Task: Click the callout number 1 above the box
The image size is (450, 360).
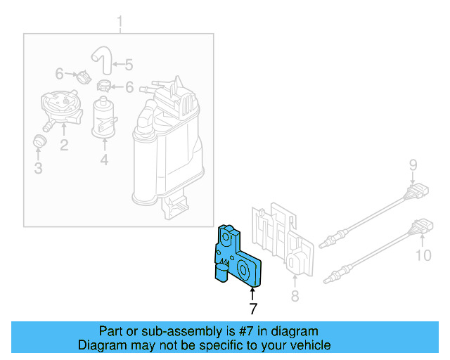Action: [120, 20]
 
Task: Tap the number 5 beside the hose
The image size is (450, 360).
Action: [129, 65]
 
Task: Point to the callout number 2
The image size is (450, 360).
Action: [63, 146]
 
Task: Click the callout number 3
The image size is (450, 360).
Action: [38, 168]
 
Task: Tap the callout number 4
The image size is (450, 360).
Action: [104, 161]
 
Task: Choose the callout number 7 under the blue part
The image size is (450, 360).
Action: [252, 308]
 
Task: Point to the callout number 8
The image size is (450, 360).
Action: [295, 296]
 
